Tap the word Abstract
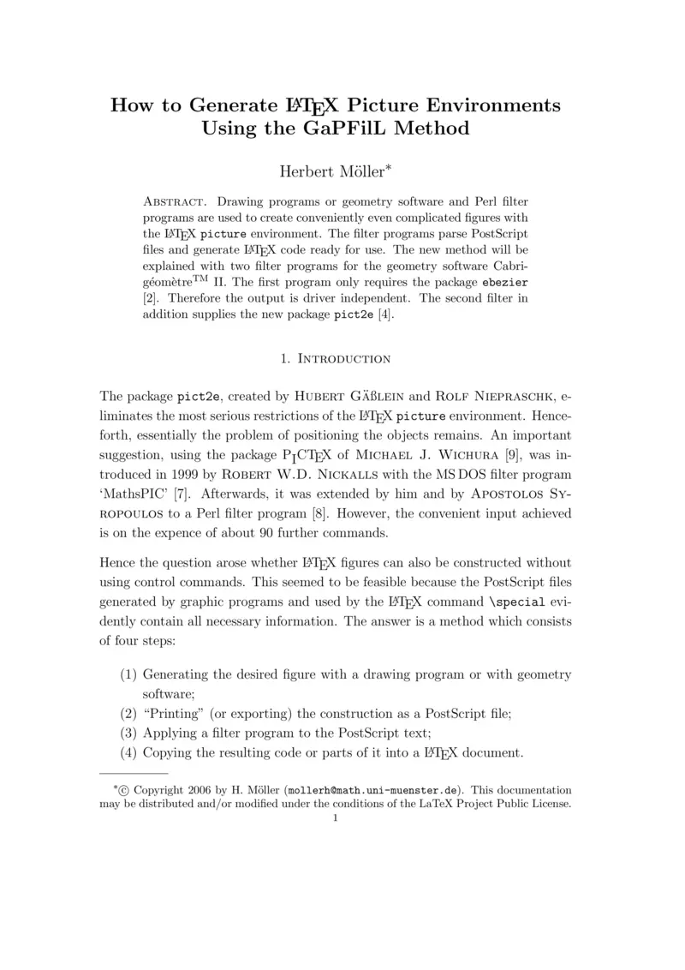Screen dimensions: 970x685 (175, 201)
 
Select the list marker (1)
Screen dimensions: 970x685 (129, 675)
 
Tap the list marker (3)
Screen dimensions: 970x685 (129, 733)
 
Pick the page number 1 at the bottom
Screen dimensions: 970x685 (336, 817)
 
